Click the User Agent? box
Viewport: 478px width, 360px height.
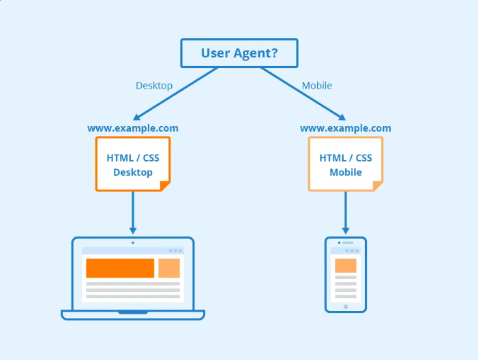[239, 53]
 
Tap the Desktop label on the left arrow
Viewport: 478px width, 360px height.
[154, 86]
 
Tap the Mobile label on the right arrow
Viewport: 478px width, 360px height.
[317, 86]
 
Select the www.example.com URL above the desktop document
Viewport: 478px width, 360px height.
[133, 128]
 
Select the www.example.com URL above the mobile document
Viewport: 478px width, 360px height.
[346, 128]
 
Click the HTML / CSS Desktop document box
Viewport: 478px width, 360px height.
[133, 164]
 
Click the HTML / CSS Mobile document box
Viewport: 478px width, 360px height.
[346, 164]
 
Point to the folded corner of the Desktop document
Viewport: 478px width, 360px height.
[164, 185]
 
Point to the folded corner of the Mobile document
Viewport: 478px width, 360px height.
[377, 185]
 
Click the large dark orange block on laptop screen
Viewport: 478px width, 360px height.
[120, 268]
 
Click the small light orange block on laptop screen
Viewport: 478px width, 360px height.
[169, 268]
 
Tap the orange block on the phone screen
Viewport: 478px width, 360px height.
[346, 265]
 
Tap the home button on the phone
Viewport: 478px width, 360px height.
[346, 306]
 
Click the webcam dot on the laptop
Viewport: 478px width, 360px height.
[133, 242]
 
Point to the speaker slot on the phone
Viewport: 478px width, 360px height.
[347, 243]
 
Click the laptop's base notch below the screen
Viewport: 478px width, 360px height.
[133, 312]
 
